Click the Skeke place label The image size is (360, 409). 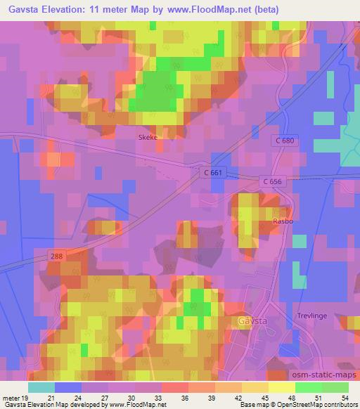(x=147, y=138)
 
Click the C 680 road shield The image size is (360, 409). (x=285, y=141)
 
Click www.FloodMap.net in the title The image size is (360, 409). (x=219, y=10)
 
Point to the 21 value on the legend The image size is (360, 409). (x=51, y=397)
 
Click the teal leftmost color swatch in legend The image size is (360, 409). (x=41, y=387)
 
